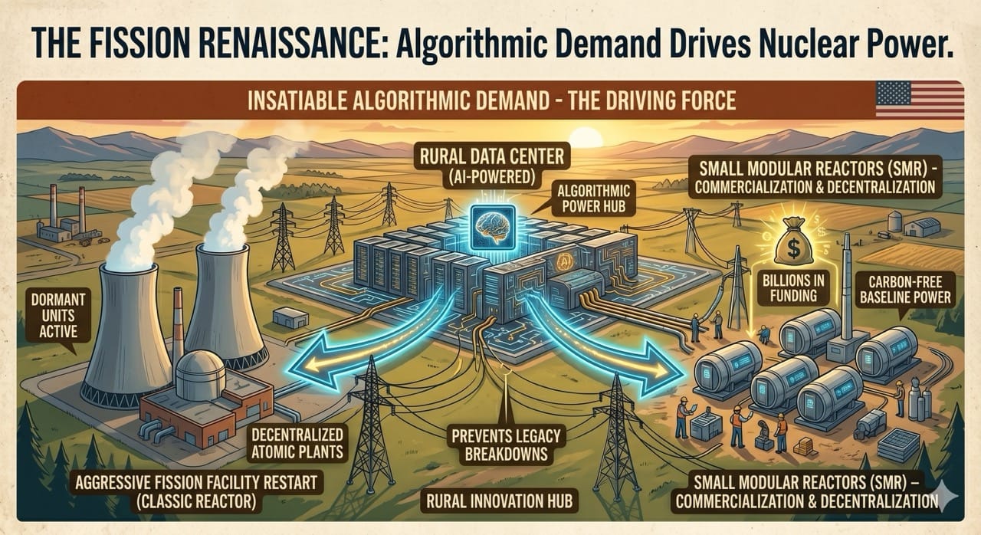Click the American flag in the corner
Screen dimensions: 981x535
(919, 100)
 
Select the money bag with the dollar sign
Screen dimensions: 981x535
(793, 245)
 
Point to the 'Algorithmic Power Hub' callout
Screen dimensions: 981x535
(579, 199)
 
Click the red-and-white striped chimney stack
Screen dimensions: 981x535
(178, 322)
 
